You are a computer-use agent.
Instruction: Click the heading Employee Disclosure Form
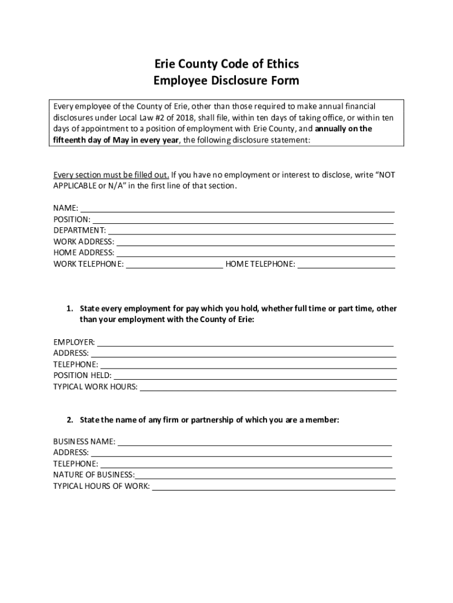point(226,81)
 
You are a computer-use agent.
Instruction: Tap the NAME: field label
point(66,208)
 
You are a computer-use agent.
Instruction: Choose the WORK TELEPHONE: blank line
point(175,264)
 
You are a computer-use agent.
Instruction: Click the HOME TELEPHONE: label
point(260,264)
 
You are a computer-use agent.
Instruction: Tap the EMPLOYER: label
point(74,342)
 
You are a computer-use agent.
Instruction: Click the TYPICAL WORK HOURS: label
point(95,386)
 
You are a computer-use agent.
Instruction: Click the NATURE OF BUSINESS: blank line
point(265,475)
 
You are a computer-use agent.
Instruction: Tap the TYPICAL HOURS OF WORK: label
point(101,486)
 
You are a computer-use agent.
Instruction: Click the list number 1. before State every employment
point(69,309)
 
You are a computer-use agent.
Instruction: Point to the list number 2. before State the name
point(69,420)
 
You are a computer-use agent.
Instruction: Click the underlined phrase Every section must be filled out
point(111,175)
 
